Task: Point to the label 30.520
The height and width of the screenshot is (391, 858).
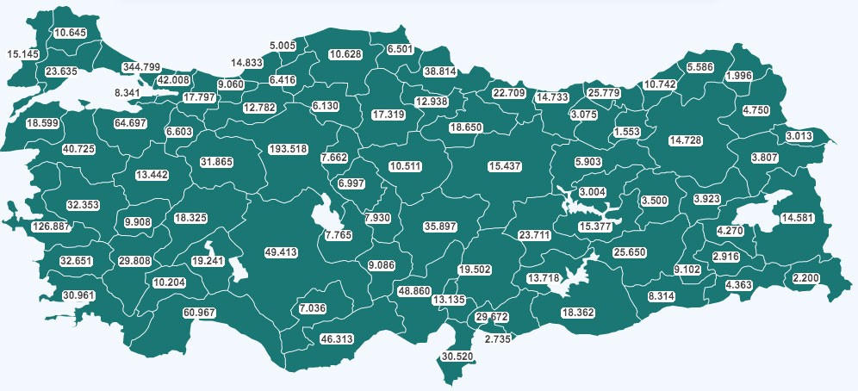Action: click(458, 357)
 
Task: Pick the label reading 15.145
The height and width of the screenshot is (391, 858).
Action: click(22, 54)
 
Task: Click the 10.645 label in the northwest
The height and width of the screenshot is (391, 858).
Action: click(70, 33)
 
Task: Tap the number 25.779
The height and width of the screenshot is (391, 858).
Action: click(603, 92)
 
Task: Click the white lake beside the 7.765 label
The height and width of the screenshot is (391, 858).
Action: click(328, 214)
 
